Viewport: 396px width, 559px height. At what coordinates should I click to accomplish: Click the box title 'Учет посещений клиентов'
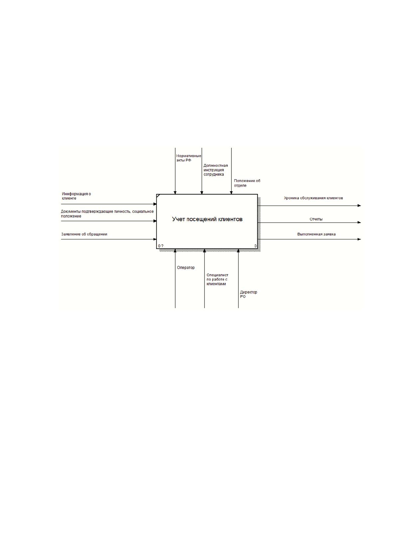click(207, 219)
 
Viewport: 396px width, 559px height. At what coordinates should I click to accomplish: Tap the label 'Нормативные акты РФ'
click(189, 158)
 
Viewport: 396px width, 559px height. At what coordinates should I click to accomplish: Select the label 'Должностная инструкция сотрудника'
click(215, 170)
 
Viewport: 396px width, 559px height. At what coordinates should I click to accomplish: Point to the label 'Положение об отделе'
click(247, 183)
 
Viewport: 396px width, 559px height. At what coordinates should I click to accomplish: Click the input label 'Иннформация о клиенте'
click(76, 196)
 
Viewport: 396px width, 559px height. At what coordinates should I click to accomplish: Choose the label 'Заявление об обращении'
click(84, 234)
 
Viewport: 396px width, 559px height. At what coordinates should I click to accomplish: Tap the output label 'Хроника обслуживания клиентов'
click(313, 198)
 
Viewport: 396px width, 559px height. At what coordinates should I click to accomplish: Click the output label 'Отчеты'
click(316, 219)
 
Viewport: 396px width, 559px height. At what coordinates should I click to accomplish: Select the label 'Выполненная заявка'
click(316, 234)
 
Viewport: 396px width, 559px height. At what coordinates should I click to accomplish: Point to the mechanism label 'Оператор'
click(186, 268)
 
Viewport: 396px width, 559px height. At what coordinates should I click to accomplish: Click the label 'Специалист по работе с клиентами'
click(217, 279)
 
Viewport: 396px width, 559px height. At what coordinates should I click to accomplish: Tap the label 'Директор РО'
click(248, 294)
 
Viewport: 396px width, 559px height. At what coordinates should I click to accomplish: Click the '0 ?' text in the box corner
click(161, 246)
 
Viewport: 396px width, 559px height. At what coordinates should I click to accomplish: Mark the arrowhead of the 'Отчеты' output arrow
click(359, 222)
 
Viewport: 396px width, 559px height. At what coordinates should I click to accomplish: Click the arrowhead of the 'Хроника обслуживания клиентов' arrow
click(359, 205)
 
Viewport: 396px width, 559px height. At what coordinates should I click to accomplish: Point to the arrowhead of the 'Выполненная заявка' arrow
click(359, 239)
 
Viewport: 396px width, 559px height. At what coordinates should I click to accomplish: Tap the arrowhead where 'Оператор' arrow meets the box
click(175, 250)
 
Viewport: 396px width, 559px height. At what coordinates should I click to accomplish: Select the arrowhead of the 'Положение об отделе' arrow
click(231, 193)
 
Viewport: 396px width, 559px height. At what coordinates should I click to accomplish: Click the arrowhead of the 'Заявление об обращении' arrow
click(155, 239)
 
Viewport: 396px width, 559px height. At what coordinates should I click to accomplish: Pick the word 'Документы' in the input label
click(71, 212)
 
